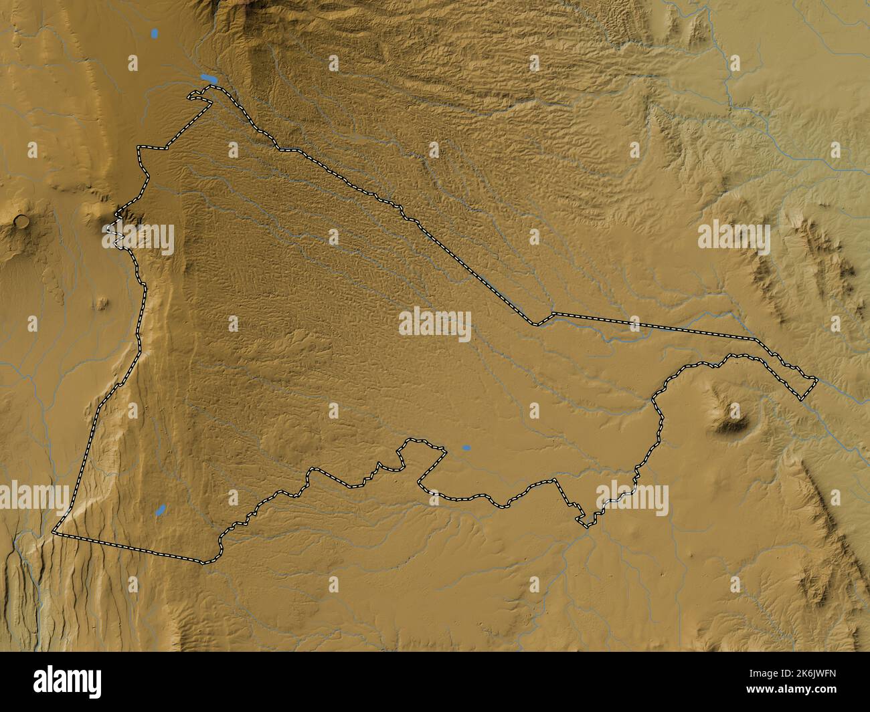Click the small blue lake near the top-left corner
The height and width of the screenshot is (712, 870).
(x=155, y=32)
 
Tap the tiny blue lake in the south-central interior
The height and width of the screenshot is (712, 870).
(x=466, y=448)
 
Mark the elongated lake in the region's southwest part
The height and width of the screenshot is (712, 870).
(x=161, y=510)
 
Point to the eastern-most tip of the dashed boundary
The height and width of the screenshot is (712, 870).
(x=817, y=380)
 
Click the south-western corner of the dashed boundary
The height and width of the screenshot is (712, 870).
(x=54, y=533)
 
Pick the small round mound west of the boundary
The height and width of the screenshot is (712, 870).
(x=100, y=303)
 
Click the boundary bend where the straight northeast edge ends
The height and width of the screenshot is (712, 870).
(x=536, y=325)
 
